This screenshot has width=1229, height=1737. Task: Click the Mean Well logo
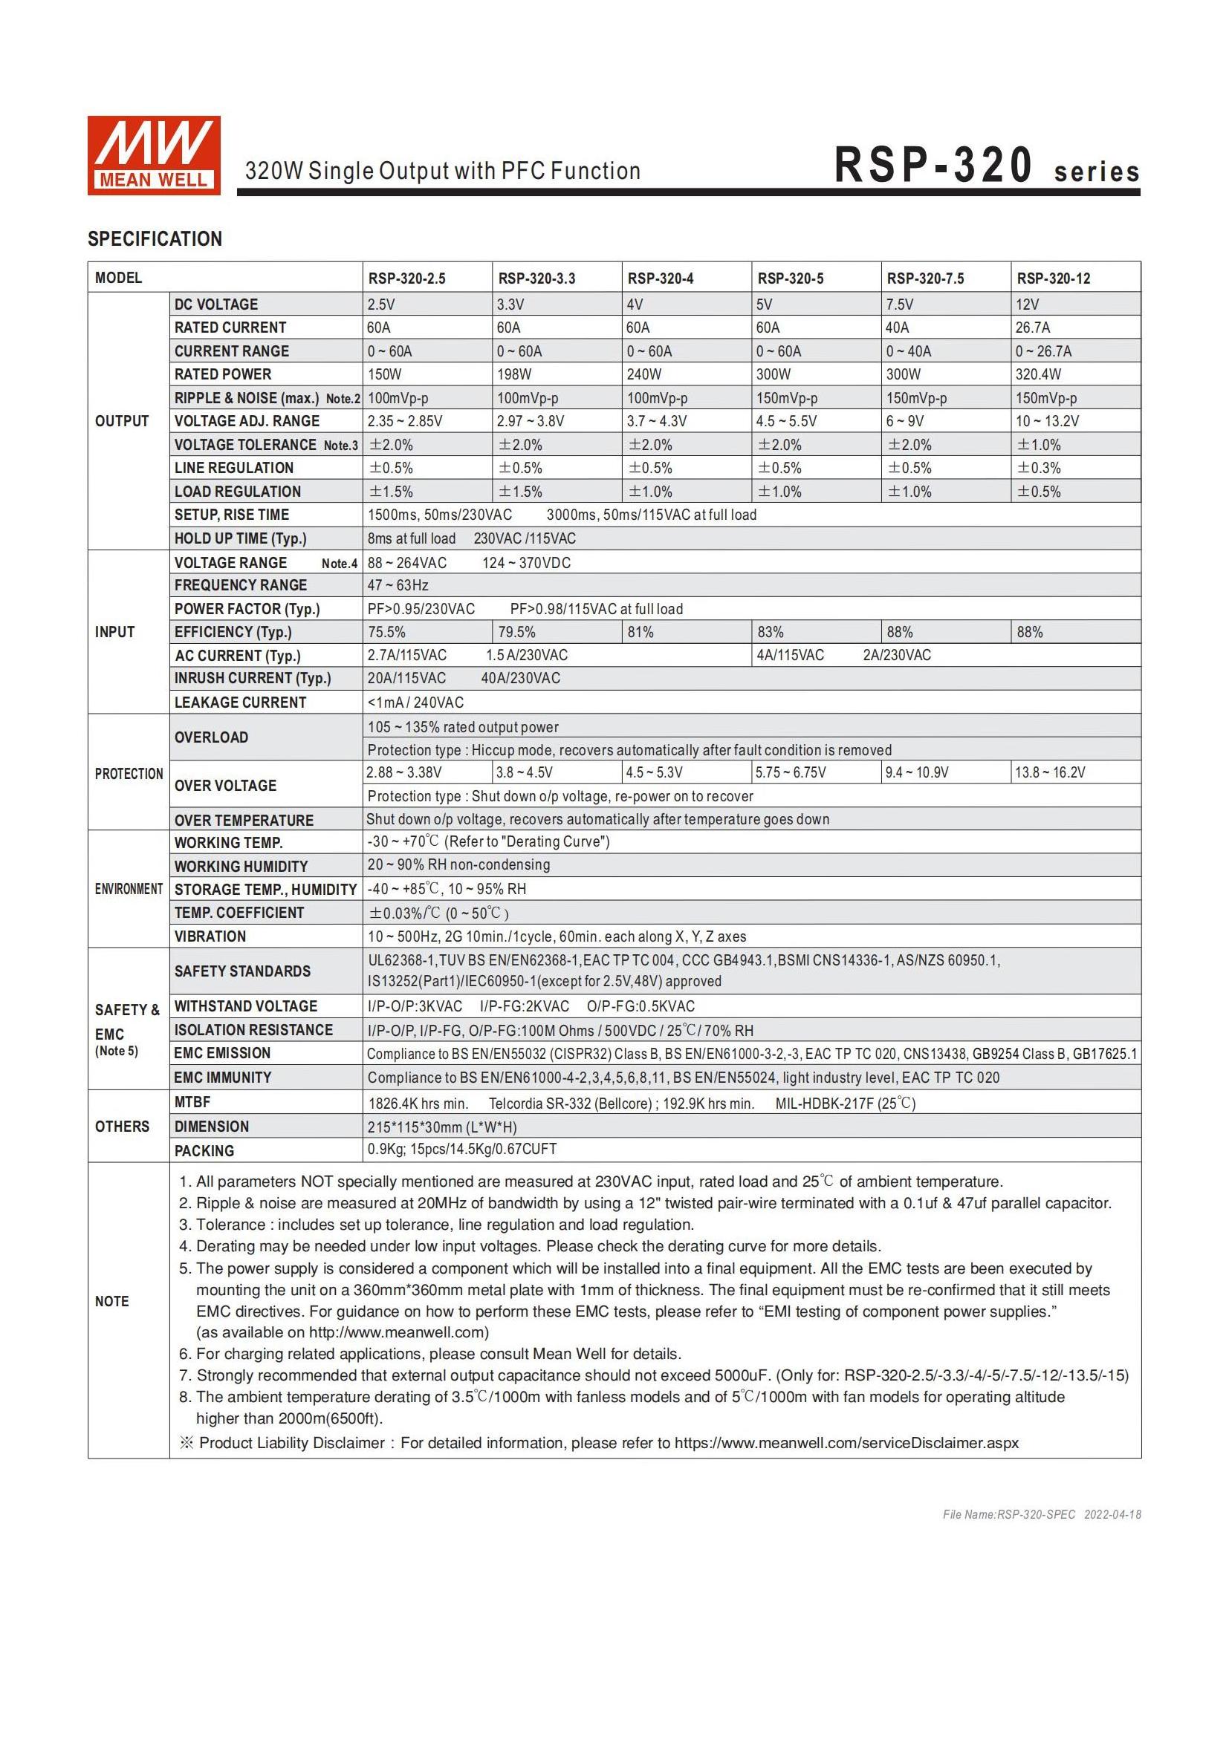tap(154, 155)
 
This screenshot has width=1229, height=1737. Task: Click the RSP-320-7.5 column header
tap(925, 278)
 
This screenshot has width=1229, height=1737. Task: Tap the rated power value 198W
tap(514, 374)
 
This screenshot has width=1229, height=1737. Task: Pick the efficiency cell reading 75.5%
tap(386, 633)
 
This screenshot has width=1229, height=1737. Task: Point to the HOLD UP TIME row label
tap(240, 538)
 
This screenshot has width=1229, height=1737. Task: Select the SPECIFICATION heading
tap(155, 239)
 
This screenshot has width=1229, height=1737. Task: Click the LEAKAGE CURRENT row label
tap(240, 703)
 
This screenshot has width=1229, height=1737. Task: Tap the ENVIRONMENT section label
tap(129, 889)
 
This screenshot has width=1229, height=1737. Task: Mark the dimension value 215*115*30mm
tap(442, 1127)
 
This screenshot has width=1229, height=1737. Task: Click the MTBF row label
tap(192, 1102)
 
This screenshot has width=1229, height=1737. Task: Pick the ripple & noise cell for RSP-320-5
tap(787, 398)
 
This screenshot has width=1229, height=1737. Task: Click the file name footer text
tap(1041, 1514)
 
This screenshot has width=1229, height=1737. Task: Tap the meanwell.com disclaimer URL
tap(846, 1443)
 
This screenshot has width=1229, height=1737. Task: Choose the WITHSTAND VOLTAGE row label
tap(245, 1006)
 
